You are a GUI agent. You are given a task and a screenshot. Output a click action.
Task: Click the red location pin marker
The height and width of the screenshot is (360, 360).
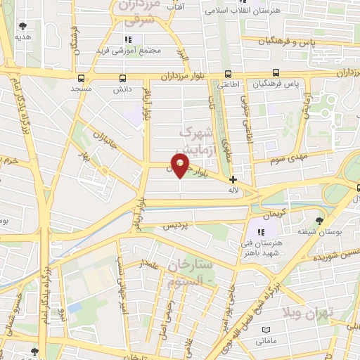click(181, 166)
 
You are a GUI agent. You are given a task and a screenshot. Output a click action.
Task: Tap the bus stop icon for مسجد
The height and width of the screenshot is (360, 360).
click(81, 79)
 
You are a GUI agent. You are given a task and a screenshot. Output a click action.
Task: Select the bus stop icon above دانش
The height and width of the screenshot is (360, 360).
click(123, 79)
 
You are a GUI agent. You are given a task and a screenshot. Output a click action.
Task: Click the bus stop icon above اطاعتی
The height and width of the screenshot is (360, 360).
click(228, 74)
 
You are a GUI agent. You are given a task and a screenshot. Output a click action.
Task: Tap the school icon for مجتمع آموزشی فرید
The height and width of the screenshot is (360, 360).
click(128, 39)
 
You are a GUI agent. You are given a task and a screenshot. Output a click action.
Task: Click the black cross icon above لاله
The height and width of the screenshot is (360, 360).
click(233, 180)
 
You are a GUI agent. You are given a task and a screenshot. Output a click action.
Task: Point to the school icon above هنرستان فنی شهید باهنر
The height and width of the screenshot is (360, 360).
click(261, 232)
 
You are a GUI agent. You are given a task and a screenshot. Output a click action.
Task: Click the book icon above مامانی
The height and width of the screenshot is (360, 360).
click(266, 330)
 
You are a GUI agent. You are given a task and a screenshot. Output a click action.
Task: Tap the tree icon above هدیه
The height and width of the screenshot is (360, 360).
click(24, 26)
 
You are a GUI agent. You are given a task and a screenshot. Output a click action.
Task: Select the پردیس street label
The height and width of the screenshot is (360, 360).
click(176, 226)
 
